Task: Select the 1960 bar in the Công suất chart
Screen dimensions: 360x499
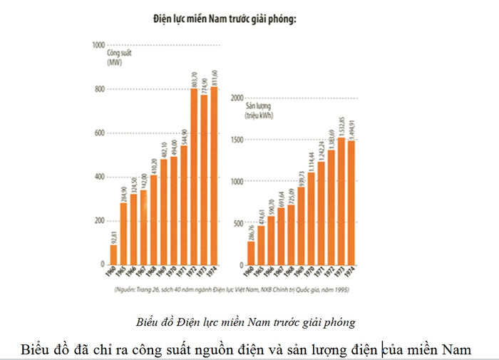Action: (113, 254)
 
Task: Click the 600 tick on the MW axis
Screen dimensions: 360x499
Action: (99, 133)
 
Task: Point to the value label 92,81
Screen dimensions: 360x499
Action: (113, 235)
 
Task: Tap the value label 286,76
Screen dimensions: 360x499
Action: (251, 231)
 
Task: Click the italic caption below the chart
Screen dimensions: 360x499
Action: (245, 322)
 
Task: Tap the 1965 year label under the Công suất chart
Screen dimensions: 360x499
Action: (123, 273)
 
